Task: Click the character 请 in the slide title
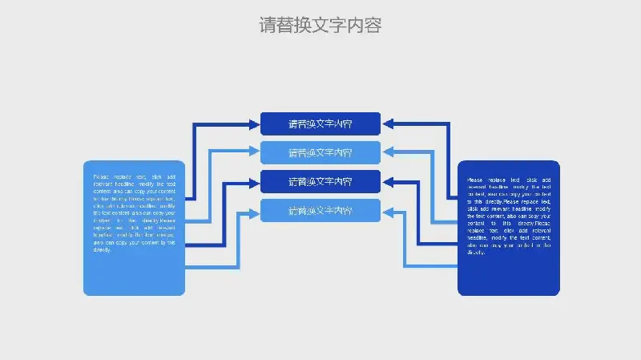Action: (x=268, y=26)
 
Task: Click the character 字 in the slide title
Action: (x=338, y=26)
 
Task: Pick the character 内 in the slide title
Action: (x=356, y=26)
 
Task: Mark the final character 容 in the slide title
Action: (x=373, y=26)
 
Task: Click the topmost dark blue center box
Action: (x=320, y=123)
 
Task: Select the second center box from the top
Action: (x=320, y=152)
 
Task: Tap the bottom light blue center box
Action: (x=320, y=211)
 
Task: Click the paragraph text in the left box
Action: (x=135, y=212)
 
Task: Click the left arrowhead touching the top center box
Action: (x=254, y=123)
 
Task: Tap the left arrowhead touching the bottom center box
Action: (x=254, y=211)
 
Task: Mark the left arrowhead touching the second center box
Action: (x=254, y=152)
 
